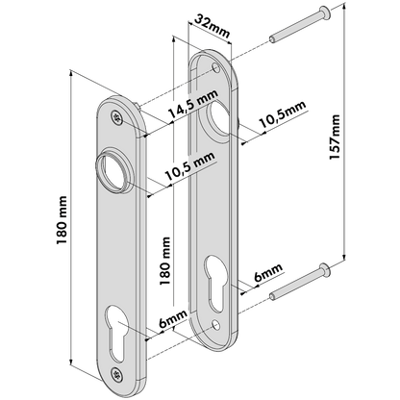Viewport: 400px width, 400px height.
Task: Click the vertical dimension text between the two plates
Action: [x=167, y=260]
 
